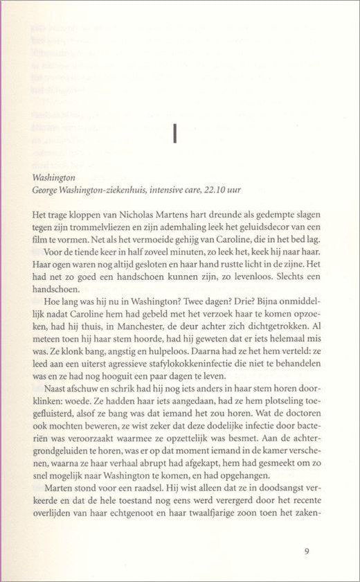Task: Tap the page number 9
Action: pyautogui.click(x=306, y=552)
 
